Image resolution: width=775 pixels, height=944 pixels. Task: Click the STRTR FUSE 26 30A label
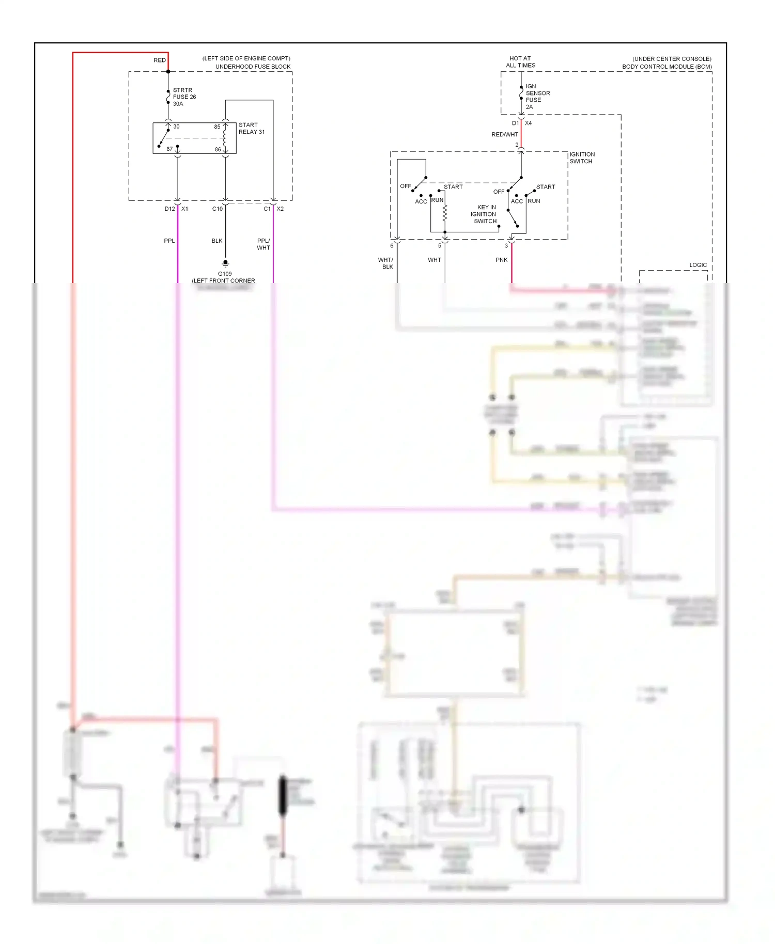(x=184, y=97)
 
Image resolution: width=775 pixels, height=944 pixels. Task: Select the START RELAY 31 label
(x=251, y=128)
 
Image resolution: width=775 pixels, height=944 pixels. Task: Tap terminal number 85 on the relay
(x=217, y=127)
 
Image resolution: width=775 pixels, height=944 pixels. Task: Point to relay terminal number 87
(x=169, y=149)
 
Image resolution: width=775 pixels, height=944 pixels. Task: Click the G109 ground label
(x=225, y=274)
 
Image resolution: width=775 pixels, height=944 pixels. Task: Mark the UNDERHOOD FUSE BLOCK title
(x=253, y=67)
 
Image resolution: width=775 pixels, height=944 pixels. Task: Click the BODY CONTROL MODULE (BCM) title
(x=667, y=67)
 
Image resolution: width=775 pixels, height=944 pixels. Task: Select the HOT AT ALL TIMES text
(x=520, y=62)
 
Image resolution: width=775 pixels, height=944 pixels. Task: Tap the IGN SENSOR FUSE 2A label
(x=537, y=97)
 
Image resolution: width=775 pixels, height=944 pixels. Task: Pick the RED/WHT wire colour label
(x=504, y=134)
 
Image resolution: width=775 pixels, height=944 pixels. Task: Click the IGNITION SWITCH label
(x=582, y=158)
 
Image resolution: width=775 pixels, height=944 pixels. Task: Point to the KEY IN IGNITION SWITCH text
(x=484, y=214)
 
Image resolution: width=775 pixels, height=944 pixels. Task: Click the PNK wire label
(x=501, y=260)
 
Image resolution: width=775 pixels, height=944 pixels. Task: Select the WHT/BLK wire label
(x=386, y=263)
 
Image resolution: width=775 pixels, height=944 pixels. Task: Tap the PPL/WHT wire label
(x=263, y=244)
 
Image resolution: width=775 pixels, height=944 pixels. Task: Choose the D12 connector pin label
(x=169, y=209)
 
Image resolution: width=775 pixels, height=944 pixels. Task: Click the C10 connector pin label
(x=217, y=209)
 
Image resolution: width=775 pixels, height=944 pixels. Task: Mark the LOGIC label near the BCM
(x=698, y=265)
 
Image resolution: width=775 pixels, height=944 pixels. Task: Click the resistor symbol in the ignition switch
(x=445, y=212)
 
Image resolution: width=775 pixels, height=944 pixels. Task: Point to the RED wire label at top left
(x=160, y=60)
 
